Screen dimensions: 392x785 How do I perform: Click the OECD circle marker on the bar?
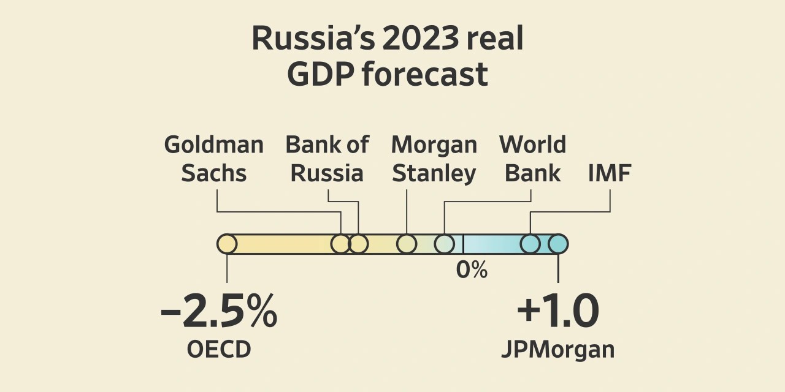click(227, 244)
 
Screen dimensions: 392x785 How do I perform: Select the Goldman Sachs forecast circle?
click(340, 244)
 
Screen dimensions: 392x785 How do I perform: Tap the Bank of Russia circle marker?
click(358, 244)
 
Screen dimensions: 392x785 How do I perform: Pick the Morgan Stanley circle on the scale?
click(407, 244)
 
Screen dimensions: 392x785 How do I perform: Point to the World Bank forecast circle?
click(445, 244)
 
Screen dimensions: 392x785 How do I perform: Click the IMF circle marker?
click(530, 244)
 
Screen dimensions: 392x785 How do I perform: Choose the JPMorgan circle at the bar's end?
click(557, 244)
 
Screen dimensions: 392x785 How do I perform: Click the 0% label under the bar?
click(472, 269)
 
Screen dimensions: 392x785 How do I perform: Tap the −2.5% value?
click(218, 312)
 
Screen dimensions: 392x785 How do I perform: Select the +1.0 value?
click(557, 312)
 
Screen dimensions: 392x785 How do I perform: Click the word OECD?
click(219, 350)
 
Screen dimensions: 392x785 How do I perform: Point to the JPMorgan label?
click(557, 350)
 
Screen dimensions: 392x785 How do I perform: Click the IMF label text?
click(610, 174)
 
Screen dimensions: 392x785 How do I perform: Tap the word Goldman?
click(214, 145)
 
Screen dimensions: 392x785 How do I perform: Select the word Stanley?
click(434, 174)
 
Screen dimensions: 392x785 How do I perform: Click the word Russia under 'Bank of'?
click(327, 174)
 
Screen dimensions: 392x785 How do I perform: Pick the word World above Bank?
click(532, 145)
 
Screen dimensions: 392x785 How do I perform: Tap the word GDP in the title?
click(320, 75)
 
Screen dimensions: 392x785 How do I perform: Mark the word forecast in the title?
click(424, 75)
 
